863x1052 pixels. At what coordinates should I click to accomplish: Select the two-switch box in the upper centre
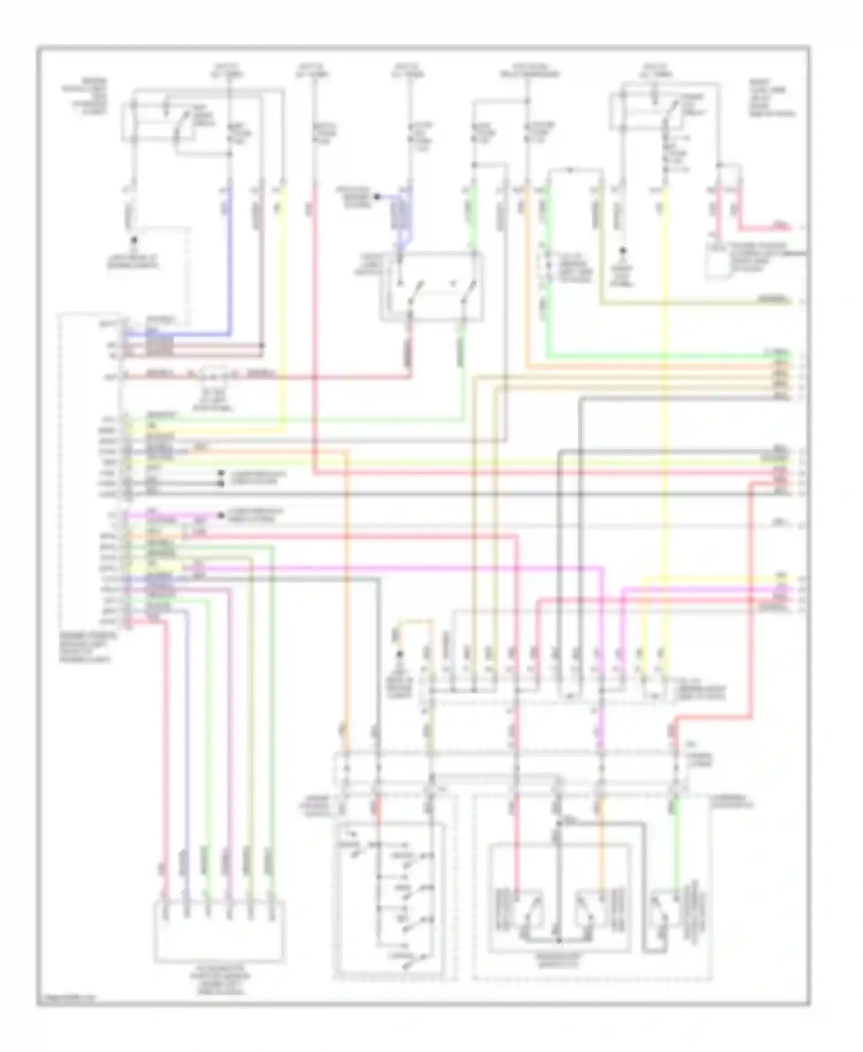[x=431, y=286]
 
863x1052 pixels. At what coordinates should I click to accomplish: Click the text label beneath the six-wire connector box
[x=219, y=981]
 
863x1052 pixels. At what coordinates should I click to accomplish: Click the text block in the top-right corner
[x=771, y=98]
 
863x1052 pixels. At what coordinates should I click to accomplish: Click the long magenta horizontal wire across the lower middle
[x=403, y=569]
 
